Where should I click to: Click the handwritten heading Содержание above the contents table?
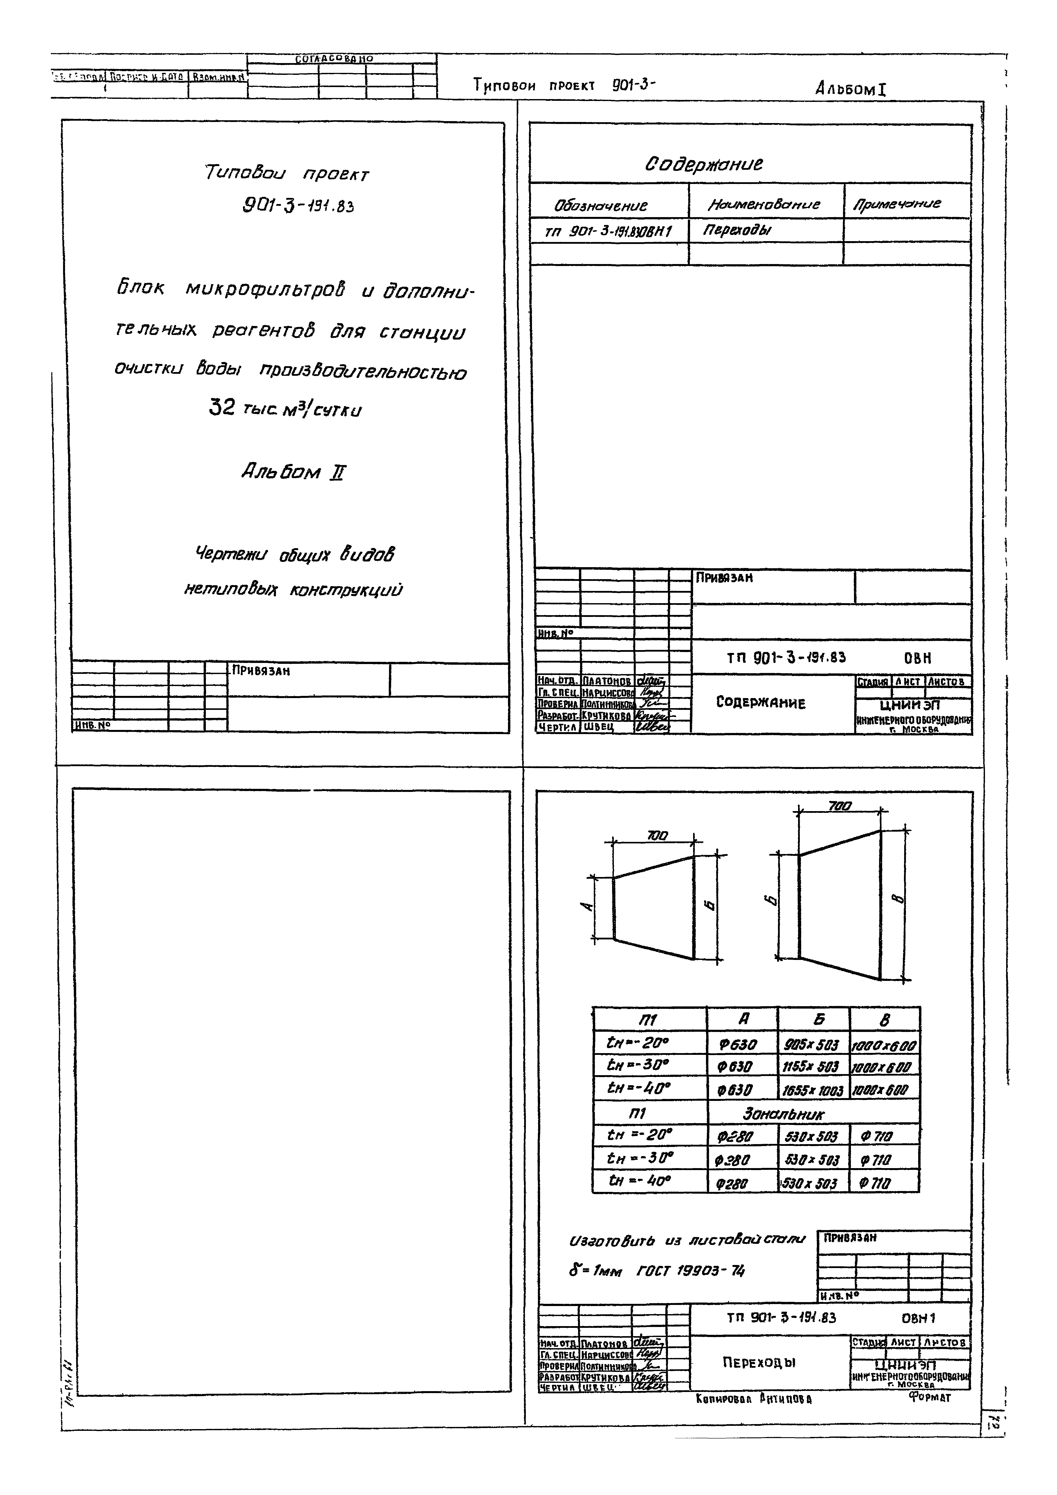(x=703, y=163)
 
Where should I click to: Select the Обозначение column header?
(x=601, y=206)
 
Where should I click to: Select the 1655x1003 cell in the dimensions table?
(x=812, y=1091)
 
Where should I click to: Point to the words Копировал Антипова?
(x=754, y=1399)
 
